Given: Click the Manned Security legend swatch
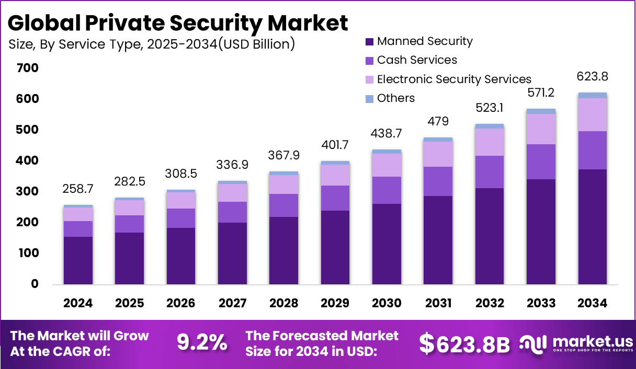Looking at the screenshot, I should click(x=369, y=42).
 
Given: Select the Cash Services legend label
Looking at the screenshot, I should click(x=417, y=60).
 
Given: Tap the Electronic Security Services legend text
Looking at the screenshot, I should click(x=453, y=79).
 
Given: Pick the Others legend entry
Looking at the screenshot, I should click(x=395, y=98).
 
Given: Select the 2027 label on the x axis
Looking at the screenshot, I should click(x=232, y=304).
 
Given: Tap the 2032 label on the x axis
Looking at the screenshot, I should click(x=490, y=304).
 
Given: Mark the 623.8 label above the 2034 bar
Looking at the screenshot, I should click(x=592, y=76).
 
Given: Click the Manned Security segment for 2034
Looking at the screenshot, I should click(x=592, y=227).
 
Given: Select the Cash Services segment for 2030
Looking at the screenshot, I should click(x=387, y=190).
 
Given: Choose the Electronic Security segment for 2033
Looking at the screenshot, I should click(x=541, y=129).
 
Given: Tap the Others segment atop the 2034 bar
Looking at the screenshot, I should click(x=592, y=95).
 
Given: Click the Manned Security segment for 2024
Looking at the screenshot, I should click(x=78, y=260).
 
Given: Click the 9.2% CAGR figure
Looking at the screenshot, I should click(x=202, y=342).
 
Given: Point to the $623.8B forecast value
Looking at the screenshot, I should click(x=464, y=343).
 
